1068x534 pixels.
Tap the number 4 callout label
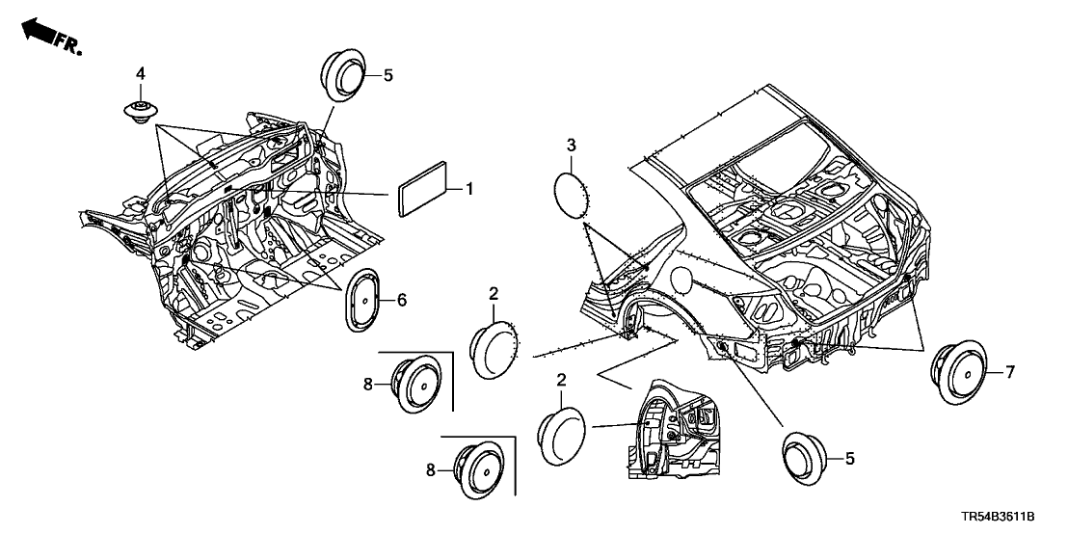[x=141, y=73]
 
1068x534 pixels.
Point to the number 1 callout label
[x=469, y=190]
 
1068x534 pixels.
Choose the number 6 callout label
[x=402, y=302]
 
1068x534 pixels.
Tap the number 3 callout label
[x=571, y=146]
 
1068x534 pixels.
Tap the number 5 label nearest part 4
[x=388, y=74]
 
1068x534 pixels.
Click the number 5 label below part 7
[x=849, y=460]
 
